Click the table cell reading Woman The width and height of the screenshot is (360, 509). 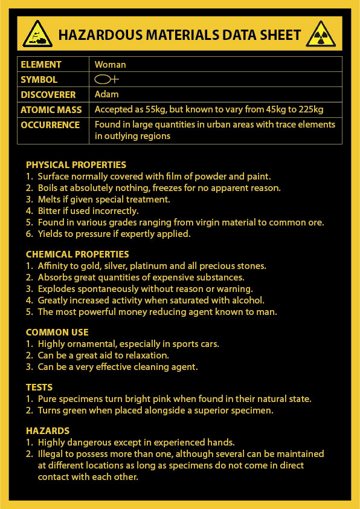[x=110, y=64]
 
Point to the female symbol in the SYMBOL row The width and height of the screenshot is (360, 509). [x=106, y=79]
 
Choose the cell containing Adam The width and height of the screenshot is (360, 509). [x=106, y=94]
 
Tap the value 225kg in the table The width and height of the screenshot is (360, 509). [x=310, y=109]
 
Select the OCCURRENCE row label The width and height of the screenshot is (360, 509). [x=50, y=125]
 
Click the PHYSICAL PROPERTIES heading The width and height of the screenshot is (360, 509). [x=76, y=165]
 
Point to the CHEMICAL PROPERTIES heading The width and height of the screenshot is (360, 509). [x=77, y=254]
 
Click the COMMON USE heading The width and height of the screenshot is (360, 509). [x=57, y=332]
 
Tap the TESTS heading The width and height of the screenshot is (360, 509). [x=39, y=387]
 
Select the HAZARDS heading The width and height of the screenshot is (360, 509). [x=48, y=431]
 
